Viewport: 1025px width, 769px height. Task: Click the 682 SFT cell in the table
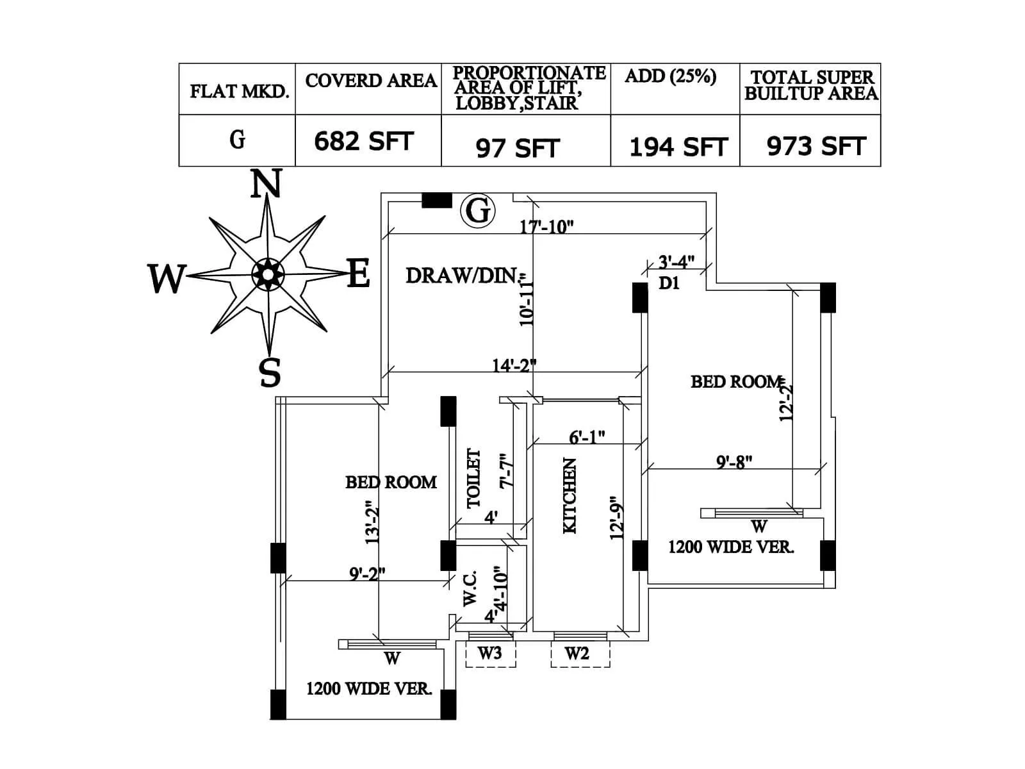pyautogui.click(x=364, y=142)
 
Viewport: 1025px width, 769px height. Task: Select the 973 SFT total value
pyautogui.click(x=816, y=147)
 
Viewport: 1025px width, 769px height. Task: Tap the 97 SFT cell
pyautogui.click(x=518, y=149)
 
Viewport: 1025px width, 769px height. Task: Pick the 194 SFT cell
pyautogui.click(x=678, y=147)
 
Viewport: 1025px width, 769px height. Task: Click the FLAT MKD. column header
pyautogui.click(x=239, y=91)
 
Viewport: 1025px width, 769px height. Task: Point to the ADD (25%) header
pyautogui.click(x=670, y=76)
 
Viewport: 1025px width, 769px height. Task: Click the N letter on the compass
pyautogui.click(x=266, y=184)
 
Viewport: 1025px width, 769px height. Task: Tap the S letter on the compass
pyautogui.click(x=270, y=372)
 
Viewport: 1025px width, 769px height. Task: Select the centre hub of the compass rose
pyautogui.click(x=268, y=274)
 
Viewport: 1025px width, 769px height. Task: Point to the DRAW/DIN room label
pyautogui.click(x=461, y=276)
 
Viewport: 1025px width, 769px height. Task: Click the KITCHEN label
pyautogui.click(x=570, y=495)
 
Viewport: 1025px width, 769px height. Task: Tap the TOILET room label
pyautogui.click(x=473, y=478)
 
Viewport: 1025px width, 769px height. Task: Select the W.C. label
pyautogui.click(x=470, y=589)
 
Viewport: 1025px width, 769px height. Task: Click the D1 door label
pyautogui.click(x=669, y=283)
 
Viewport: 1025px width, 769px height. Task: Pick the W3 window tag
pyautogui.click(x=490, y=653)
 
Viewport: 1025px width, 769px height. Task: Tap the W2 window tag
pyautogui.click(x=577, y=653)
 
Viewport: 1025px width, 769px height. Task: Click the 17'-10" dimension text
pyautogui.click(x=546, y=226)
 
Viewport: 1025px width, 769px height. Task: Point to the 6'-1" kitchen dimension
pyautogui.click(x=587, y=437)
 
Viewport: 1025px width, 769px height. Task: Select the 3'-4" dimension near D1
pyautogui.click(x=676, y=261)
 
